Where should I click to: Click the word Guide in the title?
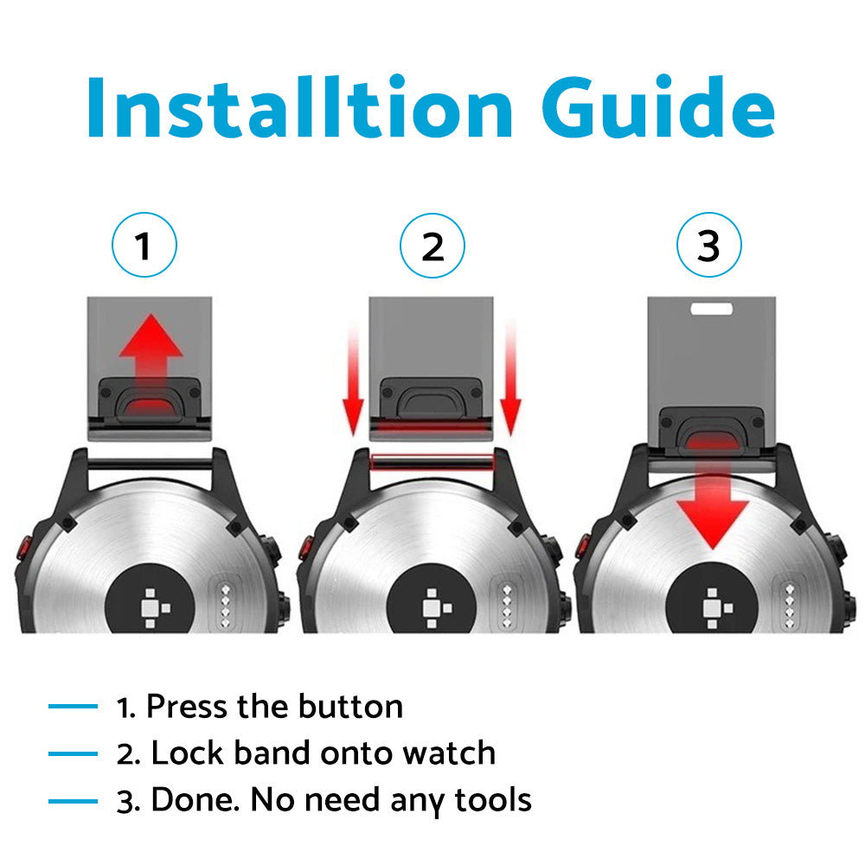[x=658, y=106]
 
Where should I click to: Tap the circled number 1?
[x=144, y=245]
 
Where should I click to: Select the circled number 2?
[x=432, y=246]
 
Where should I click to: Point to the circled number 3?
[x=709, y=245]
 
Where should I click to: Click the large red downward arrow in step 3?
[x=713, y=491]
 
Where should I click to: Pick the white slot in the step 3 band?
[x=712, y=309]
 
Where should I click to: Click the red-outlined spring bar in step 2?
[x=432, y=462]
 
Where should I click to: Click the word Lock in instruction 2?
[x=187, y=753]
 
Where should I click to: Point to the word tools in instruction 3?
[x=493, y=800]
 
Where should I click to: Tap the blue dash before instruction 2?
[x=73, y=753]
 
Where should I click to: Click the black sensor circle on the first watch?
[x=150, y=599]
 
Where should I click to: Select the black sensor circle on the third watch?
[x=712, y=599]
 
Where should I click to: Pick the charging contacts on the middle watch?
[x=507, y=605]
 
